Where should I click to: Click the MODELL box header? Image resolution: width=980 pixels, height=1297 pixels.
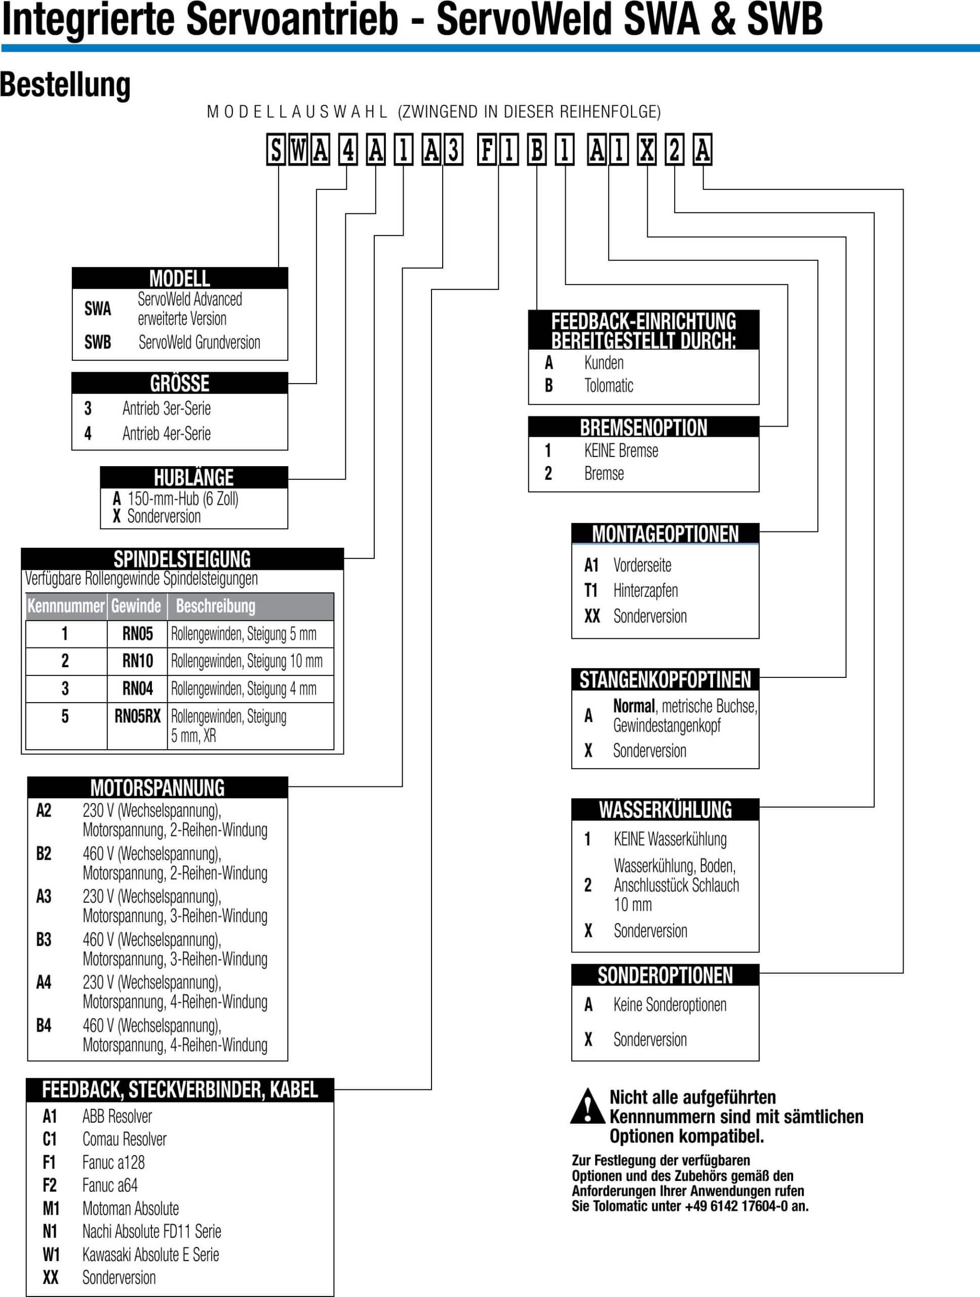(180, 278)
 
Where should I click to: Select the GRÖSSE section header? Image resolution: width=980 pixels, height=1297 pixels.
(180, 383)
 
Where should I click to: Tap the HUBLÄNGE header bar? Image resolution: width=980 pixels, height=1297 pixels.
(194, 477)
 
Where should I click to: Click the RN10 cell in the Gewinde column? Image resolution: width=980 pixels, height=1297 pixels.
(137, 661)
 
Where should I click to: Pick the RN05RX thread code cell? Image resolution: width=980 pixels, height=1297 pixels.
(137, 716)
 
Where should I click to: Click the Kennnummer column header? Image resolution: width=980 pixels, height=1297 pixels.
(66, 606)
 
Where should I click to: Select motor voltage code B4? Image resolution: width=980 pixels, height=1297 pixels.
(44, 1025)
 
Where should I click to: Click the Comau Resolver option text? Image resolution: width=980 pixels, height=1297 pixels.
(124, 1139)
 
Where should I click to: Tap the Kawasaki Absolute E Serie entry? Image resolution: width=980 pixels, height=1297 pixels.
(150, 1254)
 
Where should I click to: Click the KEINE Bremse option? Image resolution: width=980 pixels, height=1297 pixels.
(621, 450)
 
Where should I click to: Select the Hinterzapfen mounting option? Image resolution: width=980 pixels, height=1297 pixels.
(645, 590)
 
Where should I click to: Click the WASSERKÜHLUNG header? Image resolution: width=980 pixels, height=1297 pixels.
(665, 809)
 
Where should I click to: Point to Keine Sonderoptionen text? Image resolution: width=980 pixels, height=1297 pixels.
(670, 1004)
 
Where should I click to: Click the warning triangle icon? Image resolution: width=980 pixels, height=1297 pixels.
(587, 1107)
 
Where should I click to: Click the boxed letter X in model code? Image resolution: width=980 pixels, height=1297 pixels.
(647, 150)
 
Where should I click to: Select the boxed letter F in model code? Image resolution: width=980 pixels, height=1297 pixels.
(487, 150)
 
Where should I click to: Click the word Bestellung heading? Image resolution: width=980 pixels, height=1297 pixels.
(66, 85)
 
